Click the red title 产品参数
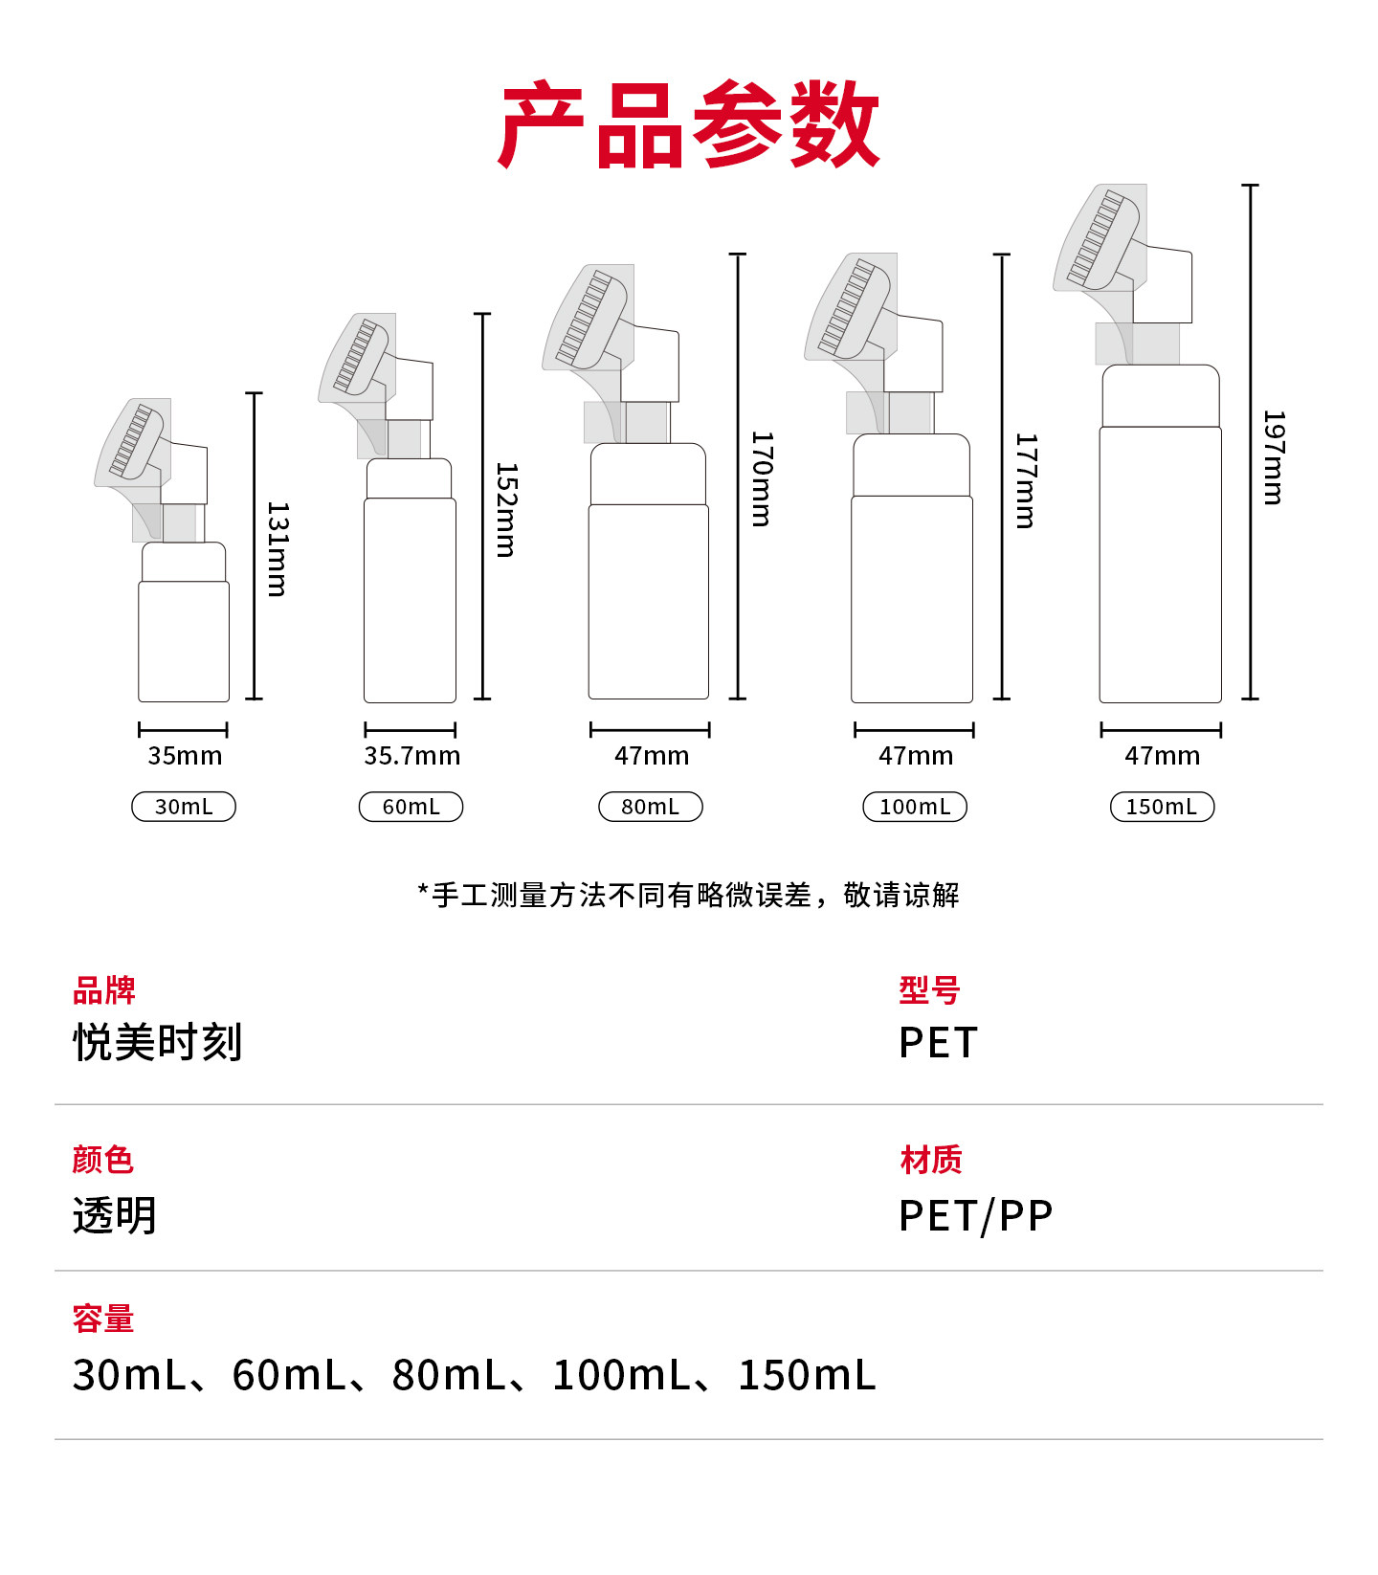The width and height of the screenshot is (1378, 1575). click(x=689, y=124)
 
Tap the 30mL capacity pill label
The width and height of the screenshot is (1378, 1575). click(x=184, y=807)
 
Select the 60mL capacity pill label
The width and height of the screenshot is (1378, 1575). click(x=411, y=807)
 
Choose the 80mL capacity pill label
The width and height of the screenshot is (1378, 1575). click(x=651, y=807)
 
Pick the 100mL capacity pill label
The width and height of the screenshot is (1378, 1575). click(x=915, y=807)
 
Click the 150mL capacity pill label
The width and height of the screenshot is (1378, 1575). click(x=1162, y=807)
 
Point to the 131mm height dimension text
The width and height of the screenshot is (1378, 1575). click(x=278, y=549)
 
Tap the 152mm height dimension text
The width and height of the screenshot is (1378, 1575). click(x=506, y=510)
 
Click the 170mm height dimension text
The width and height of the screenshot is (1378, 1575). click(x=762, y=478)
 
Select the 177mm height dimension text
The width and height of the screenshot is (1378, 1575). click(x=1026, y=480)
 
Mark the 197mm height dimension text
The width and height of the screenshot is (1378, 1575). click(x=1274, y=457)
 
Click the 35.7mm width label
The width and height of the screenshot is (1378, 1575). click(x=412, y=756)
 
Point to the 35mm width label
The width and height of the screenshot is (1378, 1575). click(x=185, y=756)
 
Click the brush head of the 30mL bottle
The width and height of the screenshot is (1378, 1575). click(x=132, y=442)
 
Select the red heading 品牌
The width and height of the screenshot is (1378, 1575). click(x=104, y=990)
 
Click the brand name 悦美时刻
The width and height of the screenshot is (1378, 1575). click(x=158, y=1042)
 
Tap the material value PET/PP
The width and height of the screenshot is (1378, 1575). click(x=976, y=1216)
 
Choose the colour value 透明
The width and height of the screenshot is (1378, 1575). click(x=115, y=1216)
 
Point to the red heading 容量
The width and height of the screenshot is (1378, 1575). click(x=103, y=1319)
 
